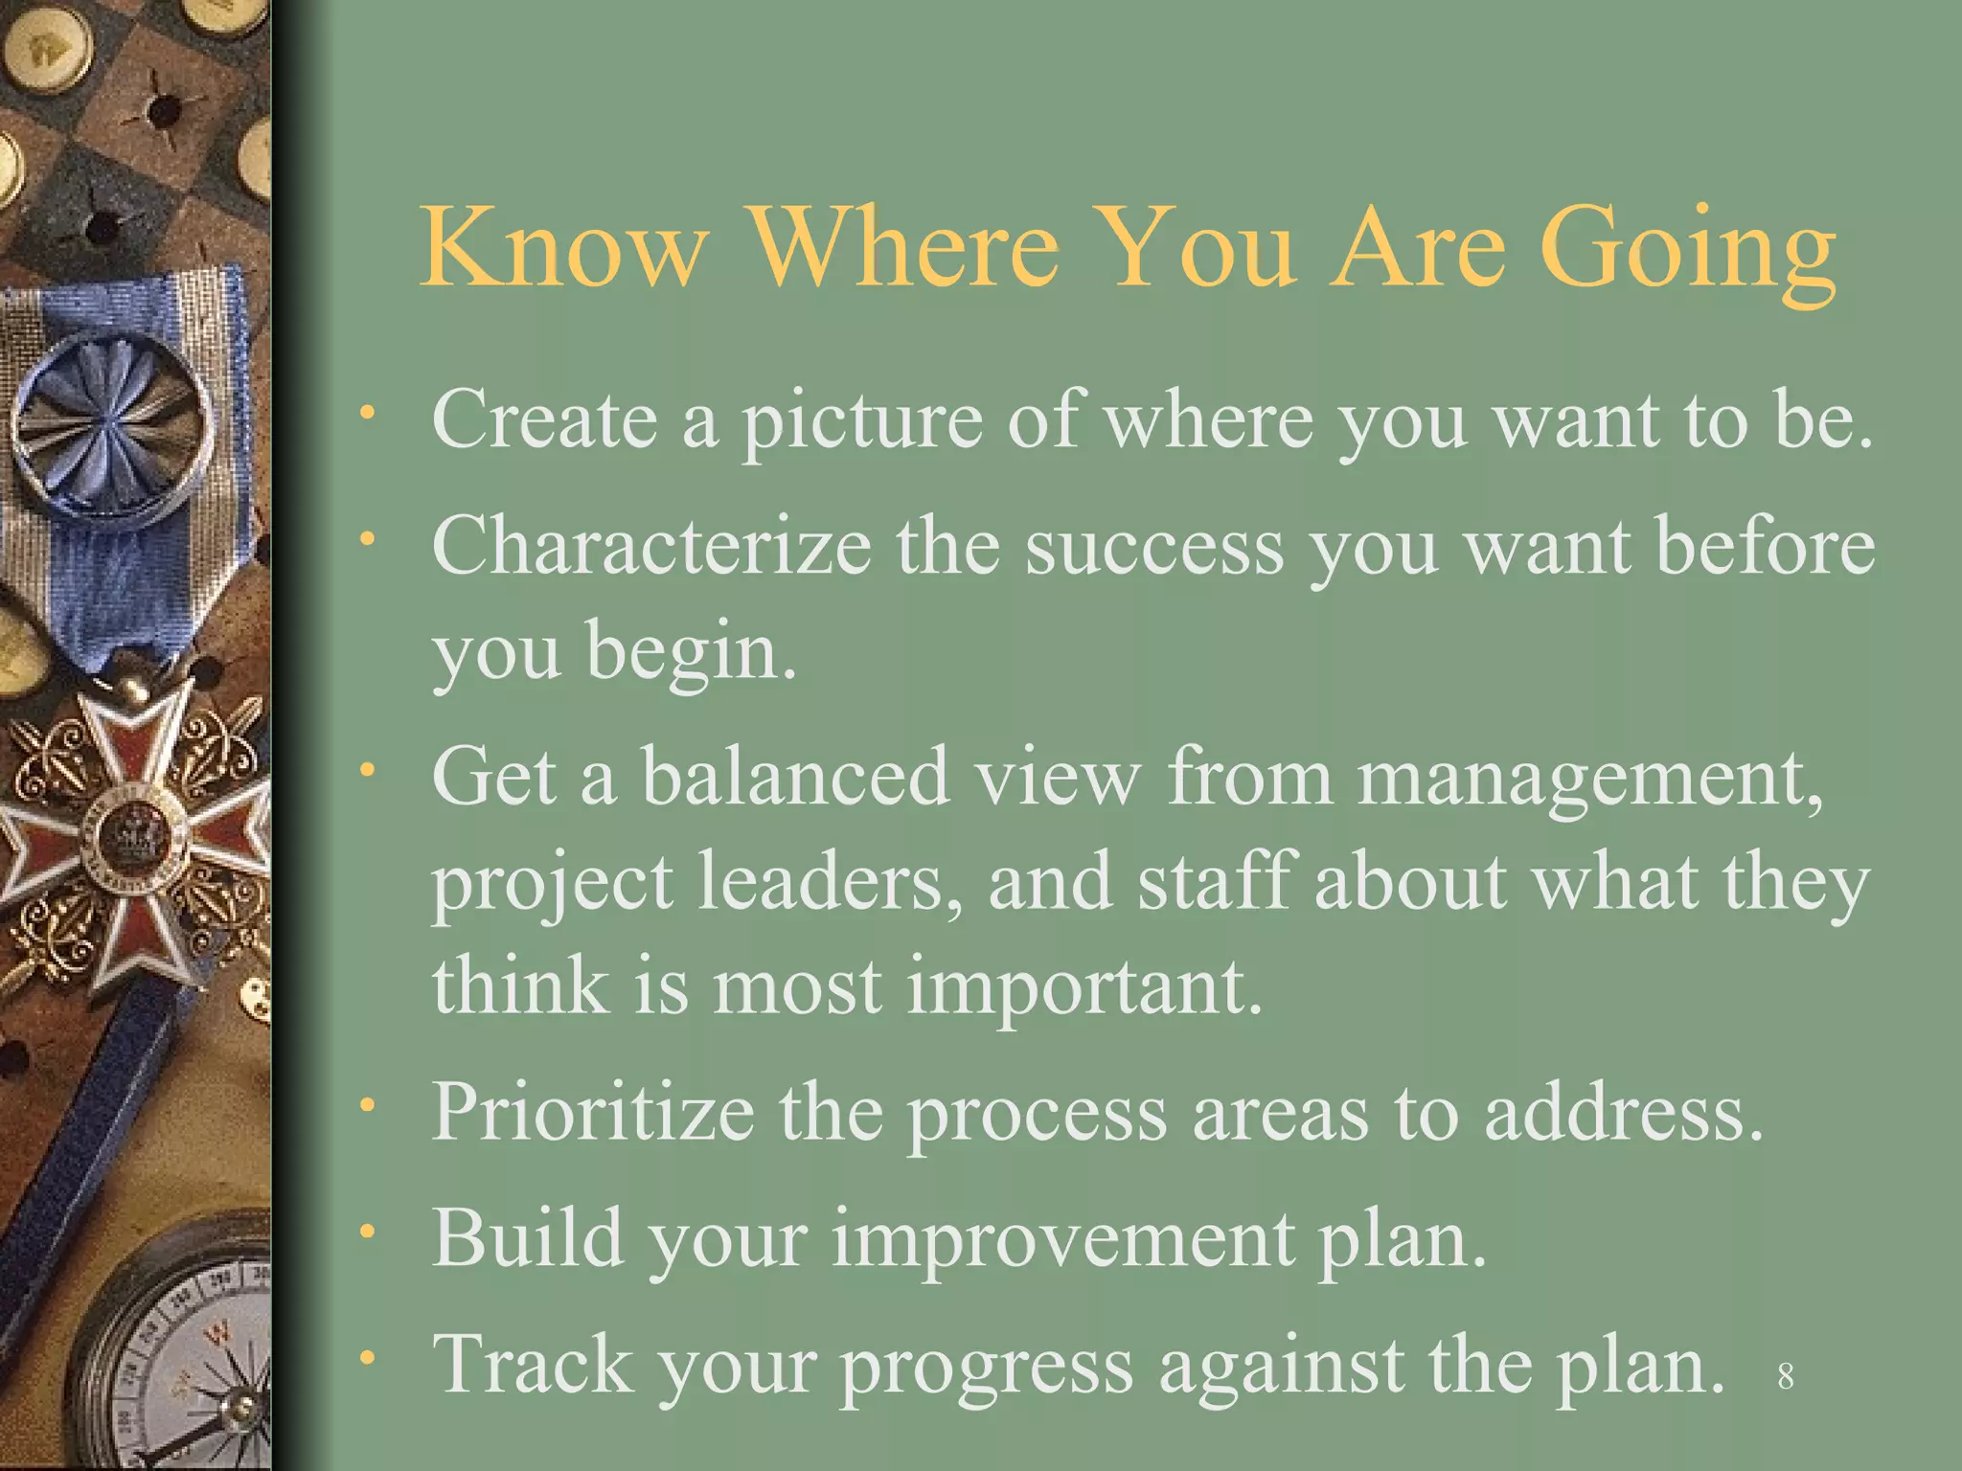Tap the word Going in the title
1690,251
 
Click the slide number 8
1785,1376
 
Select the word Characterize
651,546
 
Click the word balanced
795,776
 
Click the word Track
533,1364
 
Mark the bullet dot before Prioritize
367,1105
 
